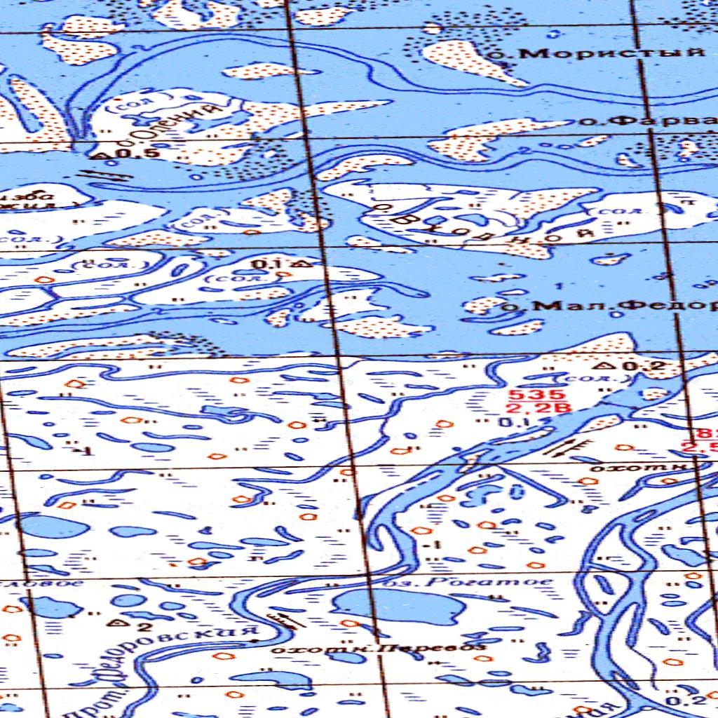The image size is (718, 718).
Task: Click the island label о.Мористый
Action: click(x=607, y=53)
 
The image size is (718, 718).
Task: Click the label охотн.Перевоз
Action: click(x=379, y=649)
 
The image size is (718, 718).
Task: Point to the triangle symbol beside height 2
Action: click(x=121, y=621)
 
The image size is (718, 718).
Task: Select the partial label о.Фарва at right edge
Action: click(x=649, y=121)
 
